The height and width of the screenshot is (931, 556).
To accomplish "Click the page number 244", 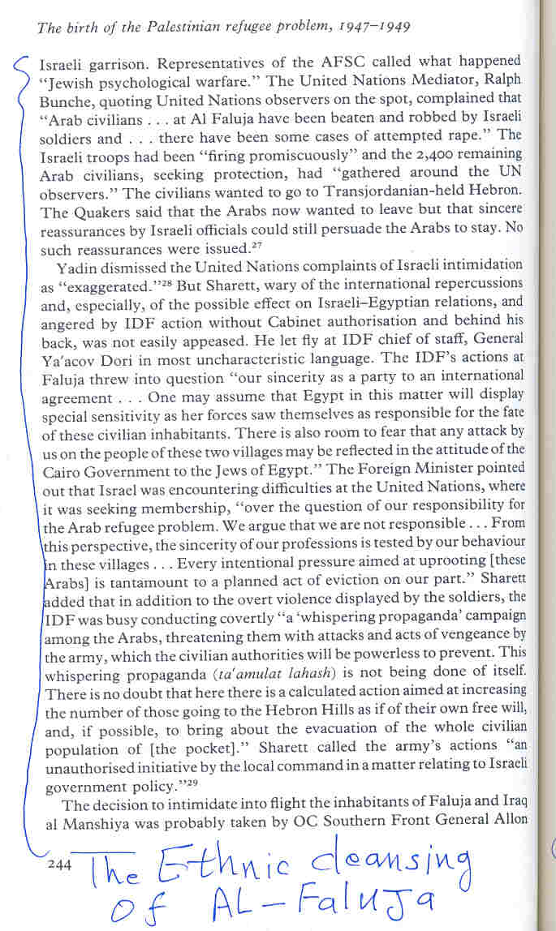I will pyautogui.click(x=59, y=865).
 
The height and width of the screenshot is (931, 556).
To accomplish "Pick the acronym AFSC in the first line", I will pyautogui.click(x=291, y=62).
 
